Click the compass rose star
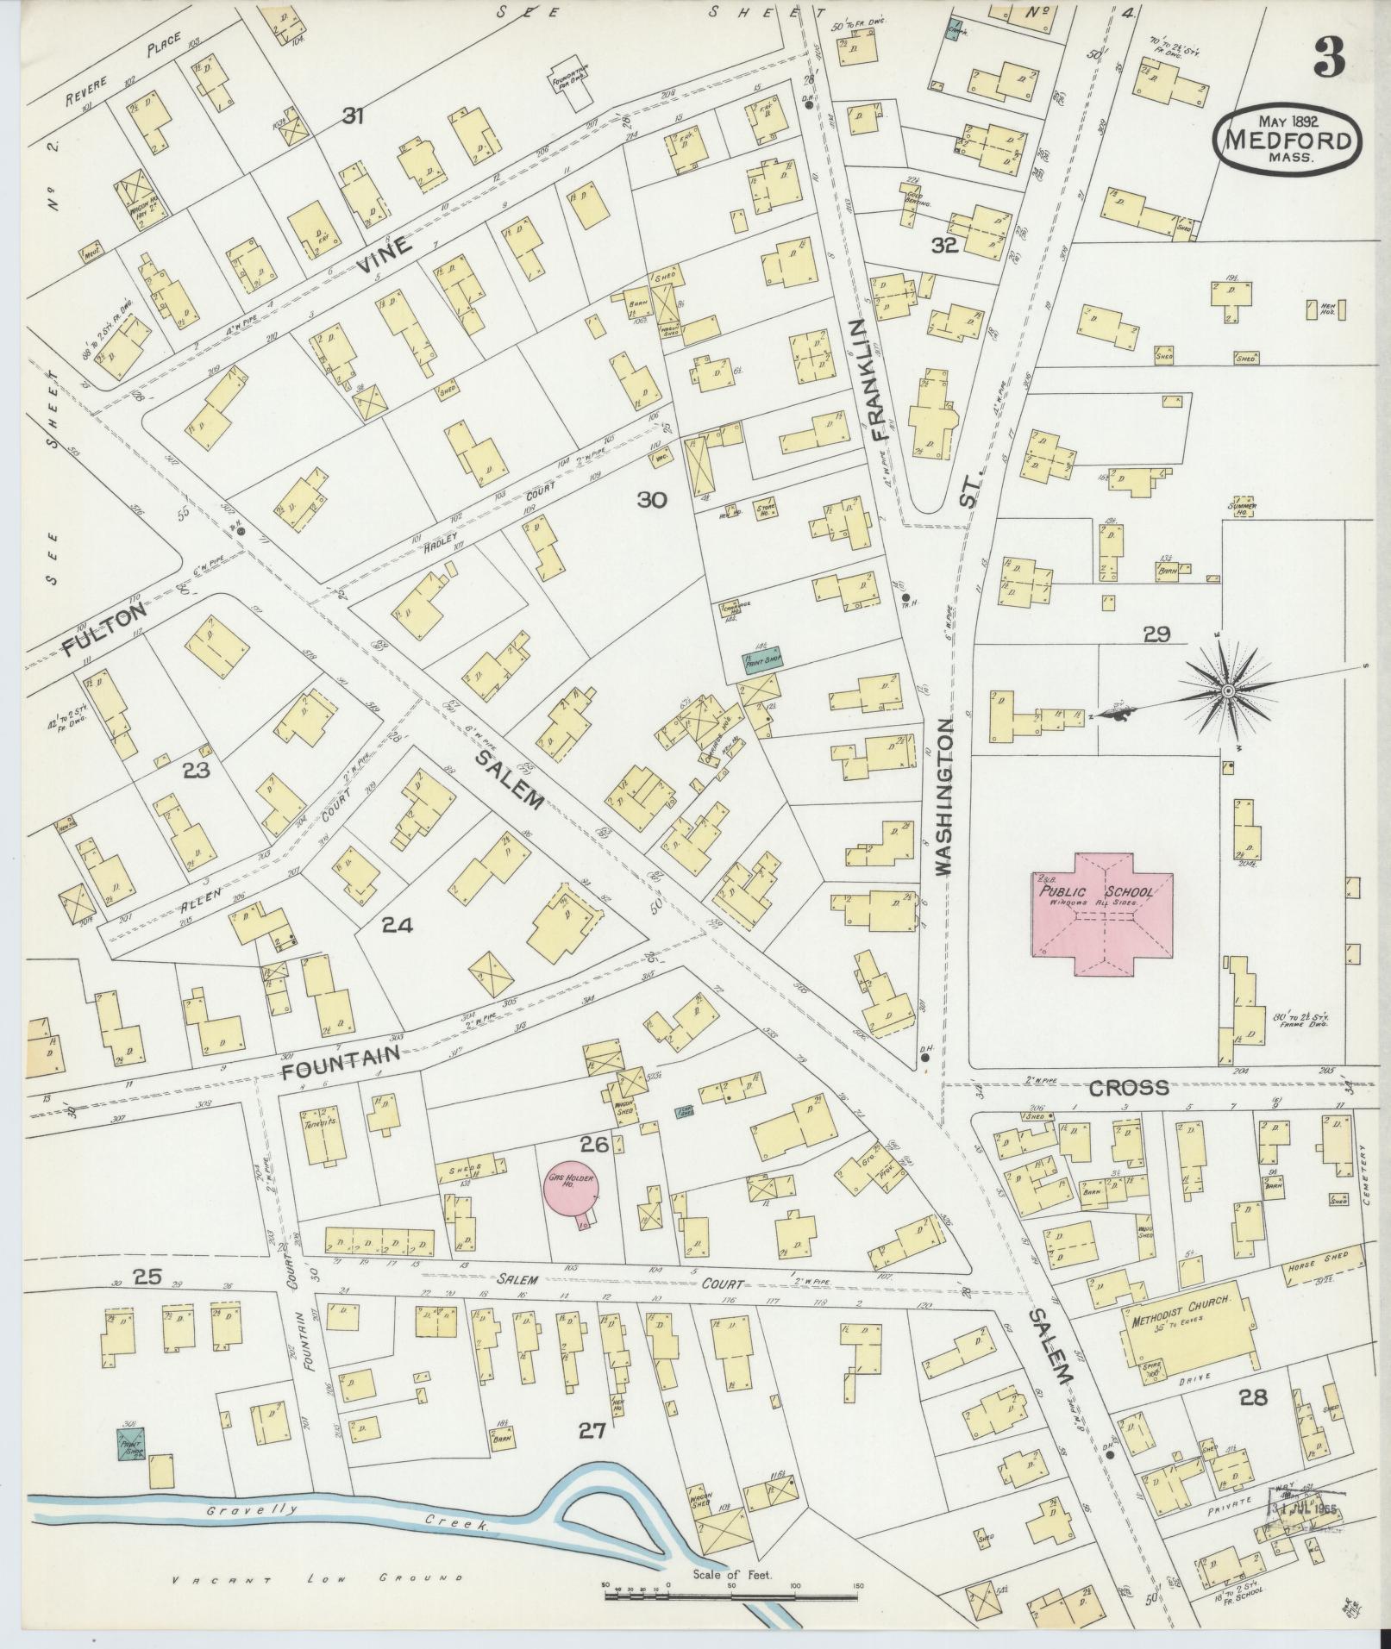[x=1225, y=690]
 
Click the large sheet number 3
[x=1329, y=58]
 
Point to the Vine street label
[x=381, y=256]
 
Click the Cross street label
[x=1129, y=1087]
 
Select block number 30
[x=652, y=500]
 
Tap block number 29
[x=1156, y=635]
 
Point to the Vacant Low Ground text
[x=315, y=1579]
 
